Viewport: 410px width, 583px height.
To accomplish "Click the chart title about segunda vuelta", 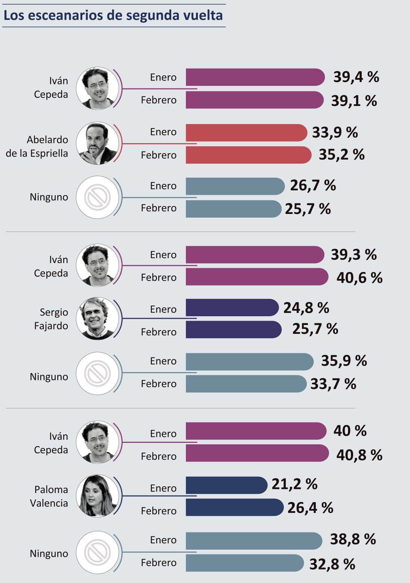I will [x=113, y=15].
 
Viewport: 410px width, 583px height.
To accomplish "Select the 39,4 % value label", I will [x=356, y=77].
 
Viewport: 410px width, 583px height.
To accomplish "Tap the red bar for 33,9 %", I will [x=246, y=133].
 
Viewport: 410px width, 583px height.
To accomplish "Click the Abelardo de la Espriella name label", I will [x=37, y=146].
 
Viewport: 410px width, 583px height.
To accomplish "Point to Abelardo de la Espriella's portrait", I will [x=98, y=144].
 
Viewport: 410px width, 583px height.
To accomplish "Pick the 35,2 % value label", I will [x=342, y=154].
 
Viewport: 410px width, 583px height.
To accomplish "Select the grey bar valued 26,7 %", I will [x=235, y=186].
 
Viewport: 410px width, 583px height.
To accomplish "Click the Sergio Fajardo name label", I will [x=51, y=319].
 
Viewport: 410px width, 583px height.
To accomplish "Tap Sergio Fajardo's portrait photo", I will [x=98, y=318].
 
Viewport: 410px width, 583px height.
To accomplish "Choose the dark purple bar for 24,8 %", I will [x=232, y=308].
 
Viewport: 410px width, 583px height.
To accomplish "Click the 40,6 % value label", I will [x=359, y=278].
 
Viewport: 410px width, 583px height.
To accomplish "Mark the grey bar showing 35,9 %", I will [x=250, y=362].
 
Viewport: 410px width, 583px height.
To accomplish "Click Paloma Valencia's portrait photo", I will [x=98, y=496].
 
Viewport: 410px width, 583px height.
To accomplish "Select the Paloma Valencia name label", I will [x=49, y=496].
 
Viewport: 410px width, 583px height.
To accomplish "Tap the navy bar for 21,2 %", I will [x=226, y=485].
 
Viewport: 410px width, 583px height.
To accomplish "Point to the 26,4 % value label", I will [x=310, y=508].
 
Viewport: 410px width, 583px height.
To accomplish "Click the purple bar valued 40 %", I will [x=256, y=431].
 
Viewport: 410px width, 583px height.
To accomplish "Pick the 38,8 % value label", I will [x=353, y=540].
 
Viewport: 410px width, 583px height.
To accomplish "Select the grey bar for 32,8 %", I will [x=245, y=563].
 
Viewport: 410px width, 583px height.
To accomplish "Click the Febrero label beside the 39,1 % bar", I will [x=159, y=100].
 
